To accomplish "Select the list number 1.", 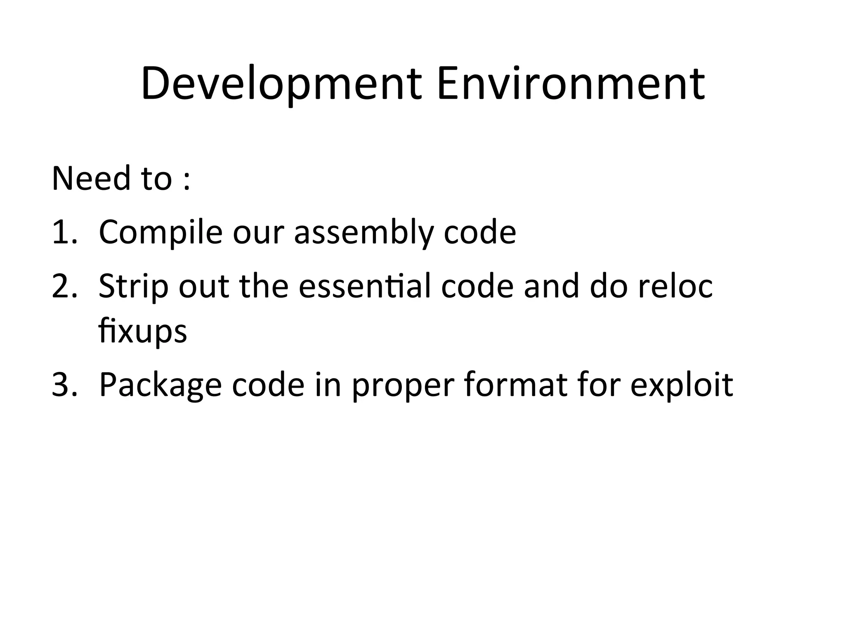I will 64,232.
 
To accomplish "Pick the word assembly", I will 363,233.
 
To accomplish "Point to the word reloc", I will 675,286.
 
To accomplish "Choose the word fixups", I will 143,331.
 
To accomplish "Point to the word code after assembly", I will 480,232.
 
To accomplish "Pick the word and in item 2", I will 552,286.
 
